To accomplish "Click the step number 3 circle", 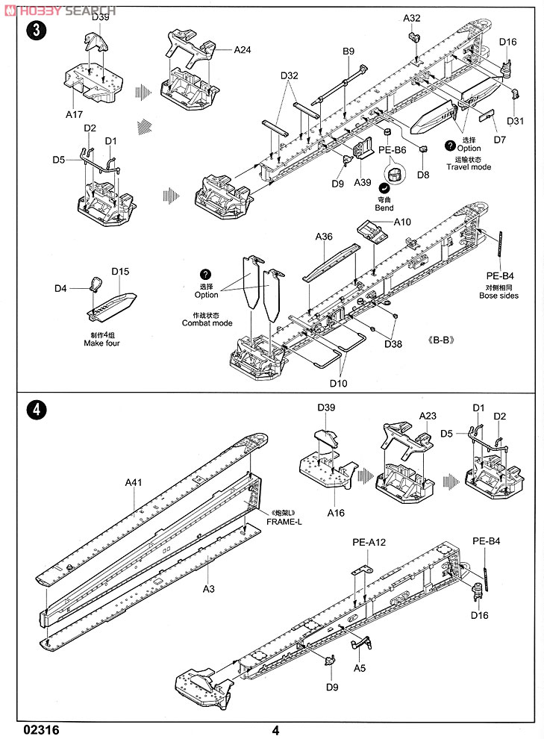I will pyautogui.click(x=33, y=31).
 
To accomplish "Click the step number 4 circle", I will pyautogui.click(x=33, y=410).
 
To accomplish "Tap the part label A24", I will pyautogui.click(x=243, y=50).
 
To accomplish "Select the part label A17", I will pyautogui.click(x=73, y=114).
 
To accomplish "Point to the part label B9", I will pyautogui.click(x=348, y=51).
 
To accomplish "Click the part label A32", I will pyautogui.click(x=412, y=18).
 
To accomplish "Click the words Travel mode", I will pyautogui.click(x=469, y=167).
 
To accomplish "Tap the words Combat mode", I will pyautogui.click(x=207, y=323).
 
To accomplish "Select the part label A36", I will pyautogui.click(x=323, y=237).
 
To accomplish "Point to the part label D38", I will pyautogui.click(x=393, y=344).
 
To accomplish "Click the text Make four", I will pyautogui.click(x=103, y=343).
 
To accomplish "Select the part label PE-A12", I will pyautogui.click(x=369, y=543).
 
